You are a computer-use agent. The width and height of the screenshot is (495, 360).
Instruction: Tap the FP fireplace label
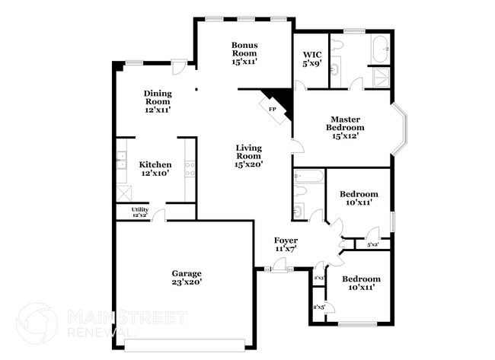coord(272,109)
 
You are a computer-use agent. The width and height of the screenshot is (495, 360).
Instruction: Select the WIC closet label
coord(311,55)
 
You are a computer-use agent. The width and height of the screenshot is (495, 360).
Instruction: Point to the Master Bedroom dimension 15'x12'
coord(345,137)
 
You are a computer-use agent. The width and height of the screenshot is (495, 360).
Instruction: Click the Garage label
coord(186,273)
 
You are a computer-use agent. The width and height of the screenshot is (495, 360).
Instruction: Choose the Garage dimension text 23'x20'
coord(186,282)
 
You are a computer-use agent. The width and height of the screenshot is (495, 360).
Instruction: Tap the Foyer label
coord(286,241)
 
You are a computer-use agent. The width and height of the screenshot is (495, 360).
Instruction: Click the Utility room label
coord(139,209)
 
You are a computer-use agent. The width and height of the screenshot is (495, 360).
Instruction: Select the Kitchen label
coord(155,164)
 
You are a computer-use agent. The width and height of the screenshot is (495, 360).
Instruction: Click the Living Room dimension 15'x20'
coord(248,164)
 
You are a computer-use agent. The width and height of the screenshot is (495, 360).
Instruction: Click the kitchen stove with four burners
coord(189,170)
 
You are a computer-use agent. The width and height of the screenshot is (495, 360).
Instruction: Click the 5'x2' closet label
coord(373,245)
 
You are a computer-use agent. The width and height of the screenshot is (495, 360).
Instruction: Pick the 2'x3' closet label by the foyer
coord(319,279)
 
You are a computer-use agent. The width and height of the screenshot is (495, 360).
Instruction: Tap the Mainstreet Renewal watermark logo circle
coord(37,323)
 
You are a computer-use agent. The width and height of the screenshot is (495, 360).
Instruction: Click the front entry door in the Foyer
coord(280,266)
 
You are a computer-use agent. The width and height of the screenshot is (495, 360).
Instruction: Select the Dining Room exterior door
coord(178,68)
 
